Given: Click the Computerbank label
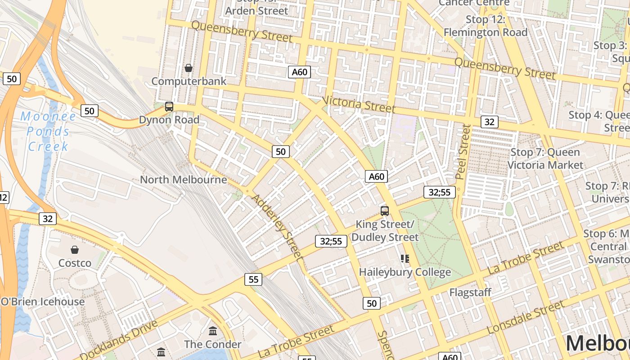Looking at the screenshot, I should click(189, 81).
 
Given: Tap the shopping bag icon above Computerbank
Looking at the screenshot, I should click(189, 68).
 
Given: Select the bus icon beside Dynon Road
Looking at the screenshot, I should click(169, 107).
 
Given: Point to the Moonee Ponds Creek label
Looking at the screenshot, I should click(48, 131).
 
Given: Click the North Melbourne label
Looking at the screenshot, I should click(184, 180).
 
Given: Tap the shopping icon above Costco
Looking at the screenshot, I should click(75, 249).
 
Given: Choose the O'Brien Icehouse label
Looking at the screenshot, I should click(43, 301).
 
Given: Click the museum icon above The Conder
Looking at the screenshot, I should click(213, 331).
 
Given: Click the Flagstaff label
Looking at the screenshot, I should click(471, 292).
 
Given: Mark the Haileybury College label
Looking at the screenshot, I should click(405, 272).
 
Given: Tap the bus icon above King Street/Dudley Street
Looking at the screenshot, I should click(385, 211).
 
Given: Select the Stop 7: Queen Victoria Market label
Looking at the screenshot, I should click(545, 158).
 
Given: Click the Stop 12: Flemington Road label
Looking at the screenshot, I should click(486, 26).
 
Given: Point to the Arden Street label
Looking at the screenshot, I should click(256, 10).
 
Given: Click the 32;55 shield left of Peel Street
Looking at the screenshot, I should click(439, 192).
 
